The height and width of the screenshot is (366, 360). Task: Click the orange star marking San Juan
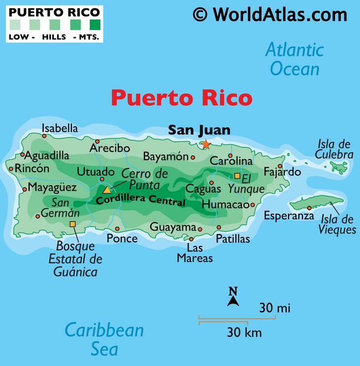click(x=205, y=145)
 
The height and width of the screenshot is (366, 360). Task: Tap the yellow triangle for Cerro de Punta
click(x=107, y=189)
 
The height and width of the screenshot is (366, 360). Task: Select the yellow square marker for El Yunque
click(x=237, y=176)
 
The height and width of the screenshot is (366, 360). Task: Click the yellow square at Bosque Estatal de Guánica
click(x=73, y=224)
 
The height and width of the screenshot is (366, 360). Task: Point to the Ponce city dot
click(x=117, y=229)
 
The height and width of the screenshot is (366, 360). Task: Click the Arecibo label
click(x=109, y=148)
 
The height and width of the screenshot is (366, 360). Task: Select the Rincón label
click(x=32, y=168)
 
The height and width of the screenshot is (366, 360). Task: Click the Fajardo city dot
click(x=280, y=166)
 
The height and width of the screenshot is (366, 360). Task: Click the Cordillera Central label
click(x=141, y=201)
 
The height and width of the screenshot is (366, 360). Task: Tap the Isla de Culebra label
click(x=335, y=149)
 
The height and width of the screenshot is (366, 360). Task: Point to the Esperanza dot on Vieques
click(x=309, y=208)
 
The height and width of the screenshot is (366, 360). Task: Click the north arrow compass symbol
click(x=233, y=297)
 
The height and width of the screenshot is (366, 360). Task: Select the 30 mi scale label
click(x=275, y=308)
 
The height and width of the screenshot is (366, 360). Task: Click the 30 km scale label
click(x=244, y=333)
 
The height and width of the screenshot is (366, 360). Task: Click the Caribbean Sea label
click(x=104, y=339)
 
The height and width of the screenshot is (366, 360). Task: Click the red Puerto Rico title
click(x=181, y=98)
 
